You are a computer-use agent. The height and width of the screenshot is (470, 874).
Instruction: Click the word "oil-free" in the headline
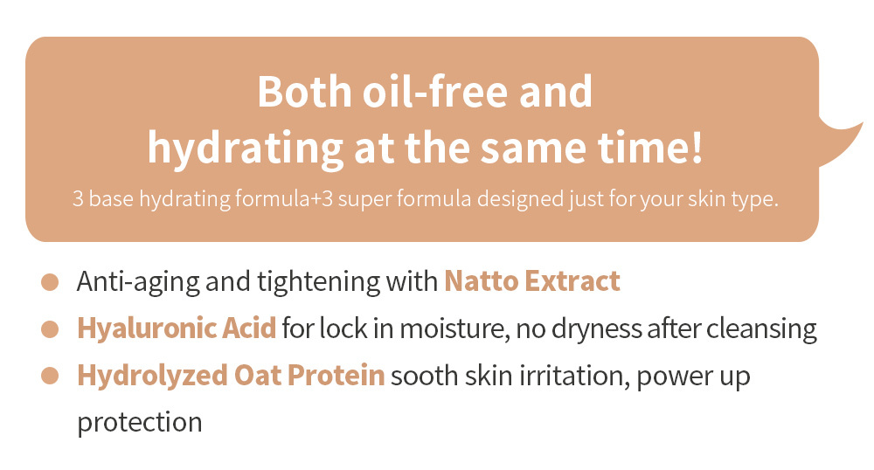tap(435, 92)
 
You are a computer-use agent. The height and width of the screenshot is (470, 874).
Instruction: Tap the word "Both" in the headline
tap(304, 92)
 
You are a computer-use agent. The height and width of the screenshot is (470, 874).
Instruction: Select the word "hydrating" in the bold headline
tap(246, 149)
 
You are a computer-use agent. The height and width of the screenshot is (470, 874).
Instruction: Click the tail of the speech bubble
tap(840, 143)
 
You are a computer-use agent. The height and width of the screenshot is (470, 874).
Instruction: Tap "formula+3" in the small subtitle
tap(284, 199)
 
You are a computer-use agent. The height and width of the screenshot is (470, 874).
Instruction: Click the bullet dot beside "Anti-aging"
tap(50, 282)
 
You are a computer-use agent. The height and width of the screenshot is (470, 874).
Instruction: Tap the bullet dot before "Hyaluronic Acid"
tap(50, 329)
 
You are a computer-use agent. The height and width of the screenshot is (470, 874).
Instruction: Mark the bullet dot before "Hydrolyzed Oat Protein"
tap(50, 376)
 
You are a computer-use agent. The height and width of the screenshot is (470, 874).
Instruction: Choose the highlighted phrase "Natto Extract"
tap(532, 281)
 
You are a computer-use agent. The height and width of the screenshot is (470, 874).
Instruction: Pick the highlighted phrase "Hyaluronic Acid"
tap(177, 328)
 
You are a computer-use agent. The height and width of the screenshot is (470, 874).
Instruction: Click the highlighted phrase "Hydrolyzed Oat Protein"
tap(231, 376)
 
